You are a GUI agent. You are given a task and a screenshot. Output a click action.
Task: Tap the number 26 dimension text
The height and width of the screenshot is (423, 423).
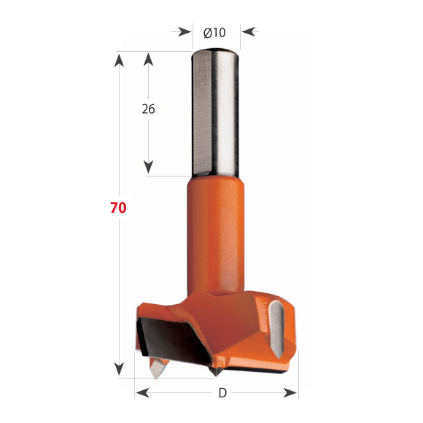pyautogui.click(x=148, y=109)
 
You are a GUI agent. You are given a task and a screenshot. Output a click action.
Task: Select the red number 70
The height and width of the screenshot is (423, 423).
pyautogui.click(x=118, y=208)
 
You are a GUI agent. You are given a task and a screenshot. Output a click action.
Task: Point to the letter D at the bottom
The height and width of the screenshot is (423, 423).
pyautogui.click(x=222, y=393)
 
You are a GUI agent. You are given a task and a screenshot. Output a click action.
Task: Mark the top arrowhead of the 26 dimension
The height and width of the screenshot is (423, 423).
pyautogui.click(x=149, y=57)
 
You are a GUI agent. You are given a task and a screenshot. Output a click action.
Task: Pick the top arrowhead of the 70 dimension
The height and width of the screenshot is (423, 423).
pyautogui.click(x=118, y=57)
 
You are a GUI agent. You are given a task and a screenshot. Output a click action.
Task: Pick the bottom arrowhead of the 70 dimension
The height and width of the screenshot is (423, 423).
pyautogui.click(x=118, y=371)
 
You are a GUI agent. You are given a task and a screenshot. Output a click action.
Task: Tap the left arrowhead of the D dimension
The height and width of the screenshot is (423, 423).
pyautogui.click(x=141, y=393)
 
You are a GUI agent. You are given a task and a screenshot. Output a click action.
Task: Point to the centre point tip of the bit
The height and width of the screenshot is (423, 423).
pyautogui.click(x=216, y=371)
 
